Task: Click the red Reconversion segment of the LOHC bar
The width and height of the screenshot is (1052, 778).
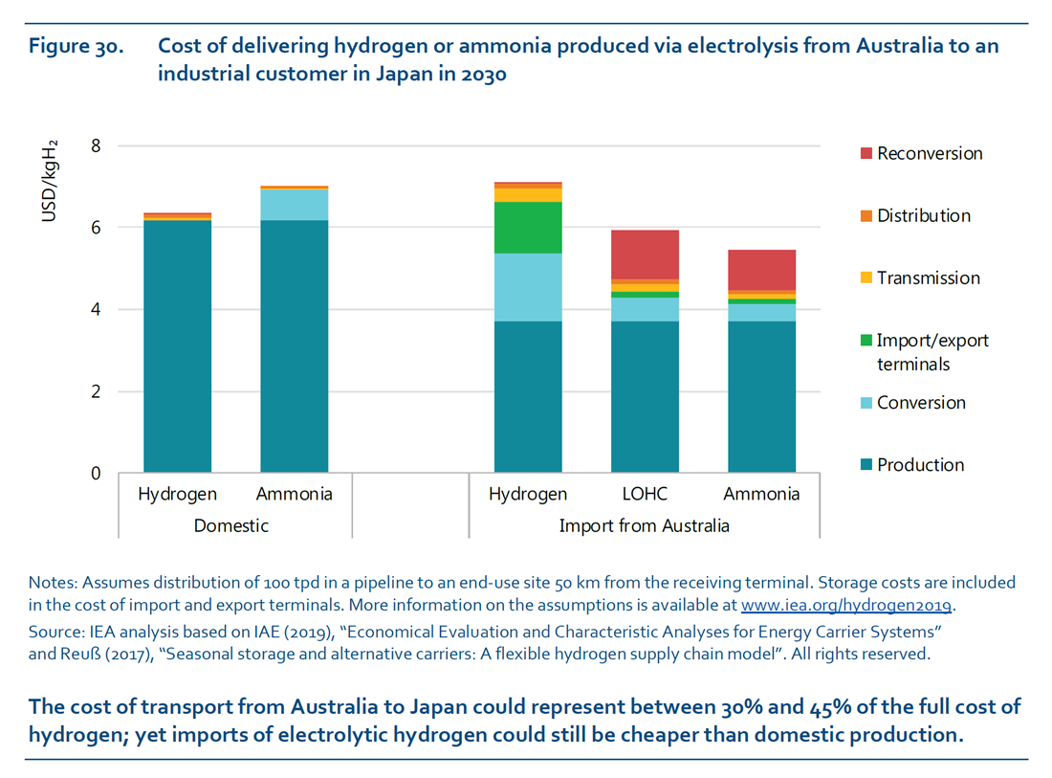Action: click(645, 254)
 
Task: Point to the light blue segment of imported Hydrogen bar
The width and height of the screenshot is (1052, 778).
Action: click(528, 287)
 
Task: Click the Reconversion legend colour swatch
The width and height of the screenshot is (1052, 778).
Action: click(866, 154)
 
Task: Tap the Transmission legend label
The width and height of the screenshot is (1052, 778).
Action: click(928, 278)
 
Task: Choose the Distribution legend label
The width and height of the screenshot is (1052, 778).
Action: click(923, 216)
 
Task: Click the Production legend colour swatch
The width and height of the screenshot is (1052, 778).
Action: click(866, 465)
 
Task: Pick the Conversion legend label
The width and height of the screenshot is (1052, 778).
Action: click(921, 403)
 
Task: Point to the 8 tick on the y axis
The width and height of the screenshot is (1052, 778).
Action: click(95, 146)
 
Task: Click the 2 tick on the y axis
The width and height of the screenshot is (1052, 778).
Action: click(95, 391)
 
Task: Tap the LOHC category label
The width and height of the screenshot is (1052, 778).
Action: click(644, 495)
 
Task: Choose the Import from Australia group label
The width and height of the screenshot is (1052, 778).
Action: click(644, 525)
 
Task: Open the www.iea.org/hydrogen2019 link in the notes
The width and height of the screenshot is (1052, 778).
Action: click(847, 606)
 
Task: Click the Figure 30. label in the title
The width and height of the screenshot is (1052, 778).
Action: click(77, 46)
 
